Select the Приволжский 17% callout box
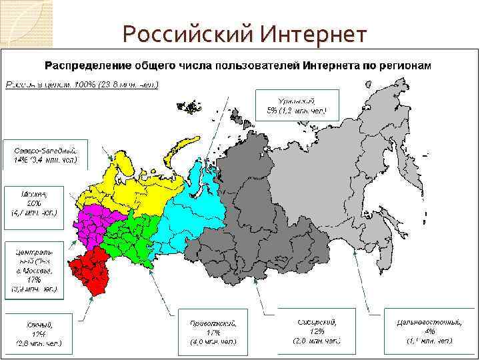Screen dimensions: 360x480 pos(213,332)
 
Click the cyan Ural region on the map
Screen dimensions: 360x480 pos(197,200)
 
